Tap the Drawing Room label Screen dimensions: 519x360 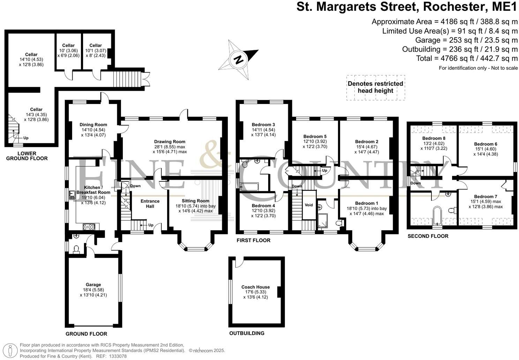click(170, 142)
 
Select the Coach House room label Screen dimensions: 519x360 click(256, 287)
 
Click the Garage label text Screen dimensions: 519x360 click(93, 285)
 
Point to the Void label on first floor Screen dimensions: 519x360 click(309, 205)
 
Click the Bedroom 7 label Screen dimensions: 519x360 click(486, 197)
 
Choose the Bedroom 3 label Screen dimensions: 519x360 click(263, 125)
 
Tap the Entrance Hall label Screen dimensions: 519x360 click(150, 204)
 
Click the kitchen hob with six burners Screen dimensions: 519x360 click(89, 227)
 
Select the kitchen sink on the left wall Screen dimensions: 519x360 click(72, 195)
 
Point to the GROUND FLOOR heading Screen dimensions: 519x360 click(86, 334)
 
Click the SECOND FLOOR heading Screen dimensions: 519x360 click(428, 236)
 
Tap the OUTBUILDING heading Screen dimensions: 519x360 click(247, 333)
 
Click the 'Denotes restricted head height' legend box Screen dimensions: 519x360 click(375, 88)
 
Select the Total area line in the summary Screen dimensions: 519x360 click(467, 58)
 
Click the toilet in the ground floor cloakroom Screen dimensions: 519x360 click(76, 249)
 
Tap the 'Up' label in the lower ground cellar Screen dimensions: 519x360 click(26, 138)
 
